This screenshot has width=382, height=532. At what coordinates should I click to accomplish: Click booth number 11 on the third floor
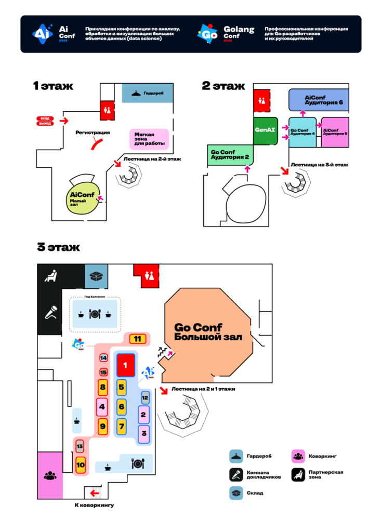point(137,339)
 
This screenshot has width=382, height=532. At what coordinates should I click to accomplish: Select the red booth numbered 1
point(125,365)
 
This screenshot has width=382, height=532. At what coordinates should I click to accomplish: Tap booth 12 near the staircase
point(145,398)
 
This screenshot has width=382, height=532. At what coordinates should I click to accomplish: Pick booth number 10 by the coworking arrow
point(81,464)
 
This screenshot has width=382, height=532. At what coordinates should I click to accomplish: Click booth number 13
point(80,446)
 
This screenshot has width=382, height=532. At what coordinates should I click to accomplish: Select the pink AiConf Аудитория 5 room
point(335,132)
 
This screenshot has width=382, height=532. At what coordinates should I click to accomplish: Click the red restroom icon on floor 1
point(108,110)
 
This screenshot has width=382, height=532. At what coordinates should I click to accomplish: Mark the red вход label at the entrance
point(45,119)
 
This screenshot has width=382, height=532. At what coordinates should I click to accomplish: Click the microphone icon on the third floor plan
point(50,313)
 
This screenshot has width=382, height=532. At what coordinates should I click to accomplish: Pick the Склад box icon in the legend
point(236,493)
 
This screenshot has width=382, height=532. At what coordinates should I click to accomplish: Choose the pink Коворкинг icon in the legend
point(298,456)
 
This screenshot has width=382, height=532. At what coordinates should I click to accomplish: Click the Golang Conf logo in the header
point(208,34)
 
